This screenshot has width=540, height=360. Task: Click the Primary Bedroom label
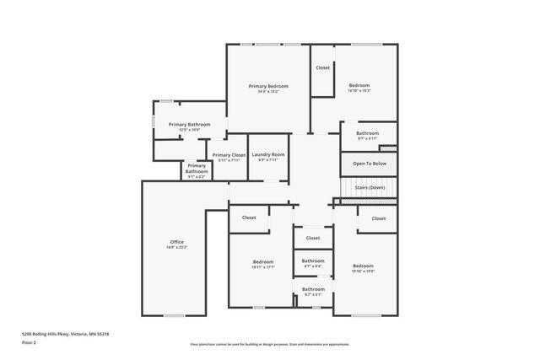pos(268,86)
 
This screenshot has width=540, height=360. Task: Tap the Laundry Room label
pos(268,154)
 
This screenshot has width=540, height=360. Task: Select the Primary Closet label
pos(229,155)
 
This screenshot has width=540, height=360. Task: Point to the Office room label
pos(177,243)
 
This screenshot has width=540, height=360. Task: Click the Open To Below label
pos(370,164)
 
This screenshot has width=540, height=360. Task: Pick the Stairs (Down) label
pos(370,187)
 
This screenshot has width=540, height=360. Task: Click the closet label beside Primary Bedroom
pos(323,67)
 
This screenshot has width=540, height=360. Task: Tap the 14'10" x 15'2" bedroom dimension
pos(359,91)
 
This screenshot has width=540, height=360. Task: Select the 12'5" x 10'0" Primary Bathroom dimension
pos(189,130)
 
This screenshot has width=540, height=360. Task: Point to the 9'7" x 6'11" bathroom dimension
pos(367,138)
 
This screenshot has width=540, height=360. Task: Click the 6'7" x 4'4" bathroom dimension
pos(313,266)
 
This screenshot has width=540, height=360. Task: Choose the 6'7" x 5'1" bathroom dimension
pos(313,295)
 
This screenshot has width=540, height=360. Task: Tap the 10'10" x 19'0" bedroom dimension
pos(363,271)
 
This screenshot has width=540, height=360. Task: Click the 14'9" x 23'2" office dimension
pos(177,248)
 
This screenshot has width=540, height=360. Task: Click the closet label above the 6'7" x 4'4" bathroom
pos(313,238)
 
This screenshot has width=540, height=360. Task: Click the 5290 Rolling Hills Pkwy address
pos(65,334)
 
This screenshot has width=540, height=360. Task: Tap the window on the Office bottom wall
pos(175,315)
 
